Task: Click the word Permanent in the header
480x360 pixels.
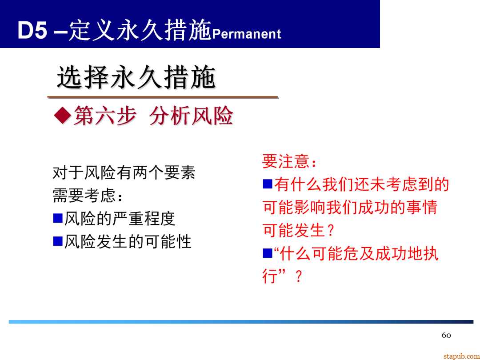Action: (247, 34)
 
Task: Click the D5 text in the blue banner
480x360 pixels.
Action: (32, 32)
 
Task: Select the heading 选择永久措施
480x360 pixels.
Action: (136, 78)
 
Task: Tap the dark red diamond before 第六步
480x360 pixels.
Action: (62, 116)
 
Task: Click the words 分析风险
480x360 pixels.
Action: (191, 116)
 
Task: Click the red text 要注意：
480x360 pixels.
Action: (289, 161)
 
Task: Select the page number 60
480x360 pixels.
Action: (446, 335)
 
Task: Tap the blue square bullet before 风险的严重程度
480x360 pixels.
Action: (58, 218)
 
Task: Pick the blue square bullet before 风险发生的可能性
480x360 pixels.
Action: (58, 241)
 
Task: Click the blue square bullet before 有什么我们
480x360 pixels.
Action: (267, 184)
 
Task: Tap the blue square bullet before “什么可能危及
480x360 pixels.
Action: (267, 253)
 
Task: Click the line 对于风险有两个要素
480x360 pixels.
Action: (124, 172)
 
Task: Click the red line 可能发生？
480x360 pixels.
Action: (298, 231)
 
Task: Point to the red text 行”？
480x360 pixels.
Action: (283, 277)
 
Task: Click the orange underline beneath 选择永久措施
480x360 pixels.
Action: (163, 97)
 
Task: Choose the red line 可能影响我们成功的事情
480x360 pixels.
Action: (350, 207)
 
